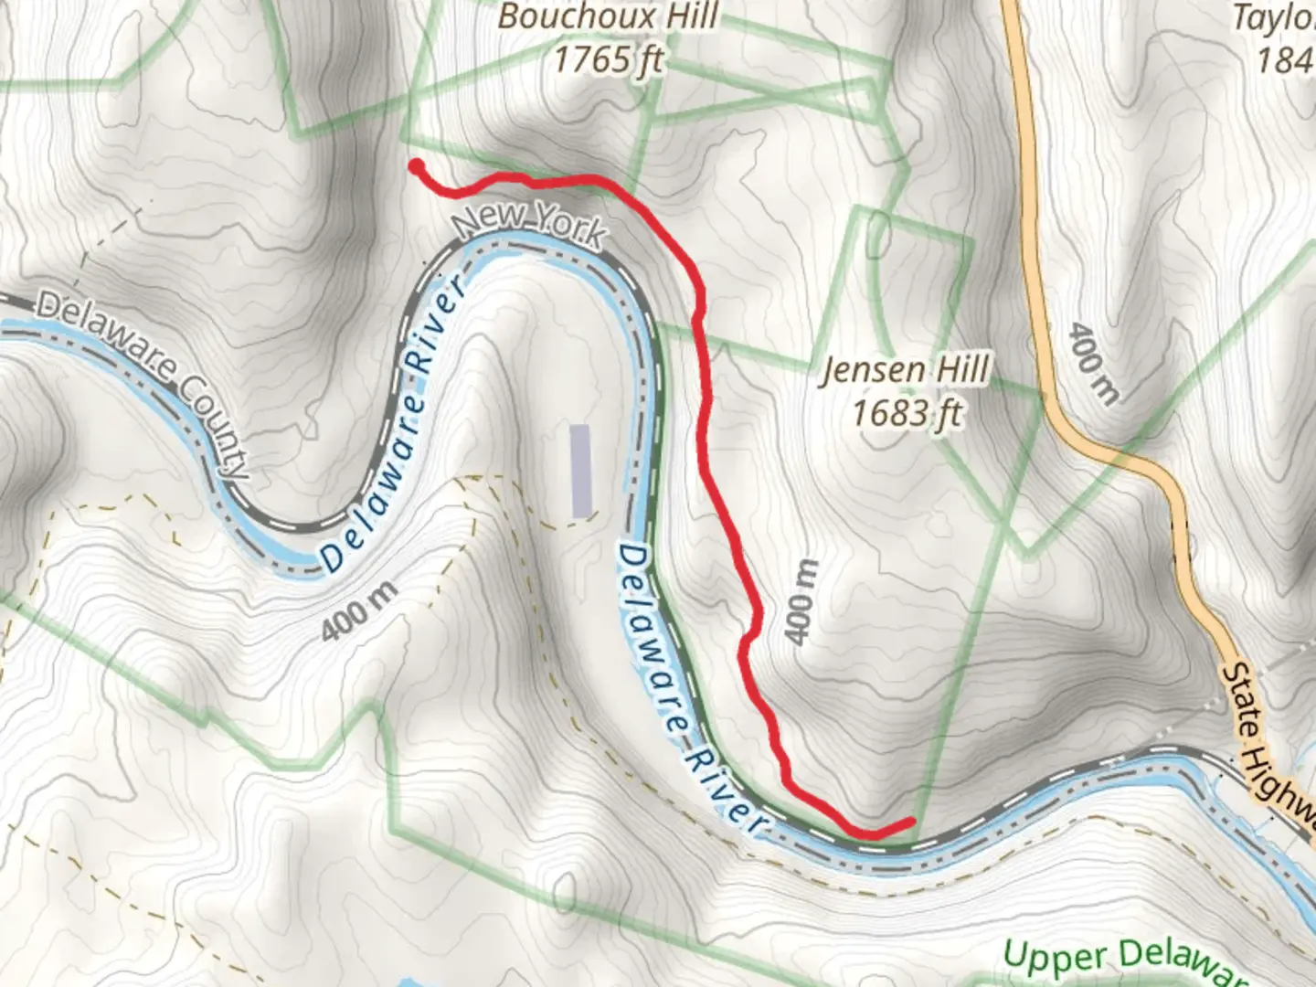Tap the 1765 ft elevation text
point(609,60)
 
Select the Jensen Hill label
point(905,371)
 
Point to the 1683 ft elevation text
point(906,413)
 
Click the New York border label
point(530,225)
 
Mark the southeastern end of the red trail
point(910,822)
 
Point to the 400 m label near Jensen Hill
point(800,601)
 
